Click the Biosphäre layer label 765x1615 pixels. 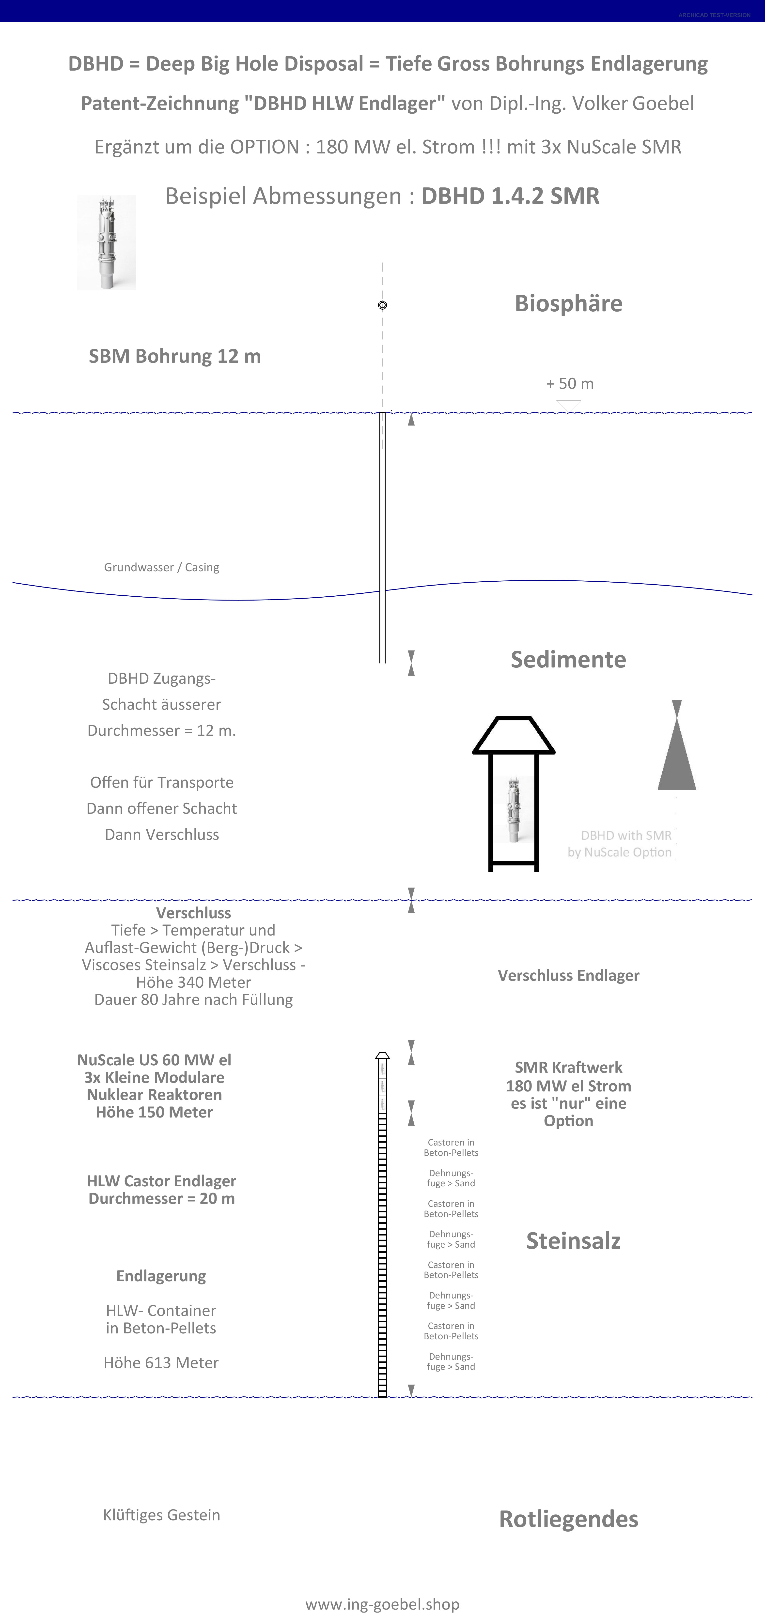coord(568,303)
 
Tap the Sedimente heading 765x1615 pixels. coord(568,660)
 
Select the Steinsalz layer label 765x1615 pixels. coord(573,1241)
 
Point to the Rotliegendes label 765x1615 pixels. coord(568,1519)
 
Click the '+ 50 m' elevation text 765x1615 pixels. coord(569,384)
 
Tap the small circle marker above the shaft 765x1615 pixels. coord(382,305)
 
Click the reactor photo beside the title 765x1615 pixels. coord(107,242)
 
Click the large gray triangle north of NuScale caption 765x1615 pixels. coord(677,752)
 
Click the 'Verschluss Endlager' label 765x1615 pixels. coord(568,976)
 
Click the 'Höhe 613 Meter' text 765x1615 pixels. coord(161,1362)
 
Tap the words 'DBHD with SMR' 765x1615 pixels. coord(626,836)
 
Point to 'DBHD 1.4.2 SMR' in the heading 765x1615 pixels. coord(510,196)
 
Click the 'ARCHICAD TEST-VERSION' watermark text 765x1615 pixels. coord(714,15)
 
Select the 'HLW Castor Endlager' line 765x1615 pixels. coord(161,1181)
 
